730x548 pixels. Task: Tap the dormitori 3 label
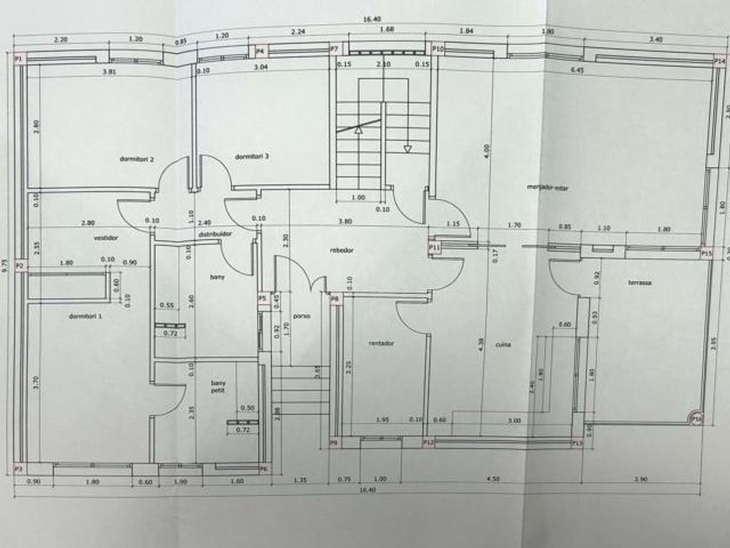(252, 156)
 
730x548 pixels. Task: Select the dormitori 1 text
(85, 316)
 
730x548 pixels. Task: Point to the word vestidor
(105, 237)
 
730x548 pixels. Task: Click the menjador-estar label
(547, 187)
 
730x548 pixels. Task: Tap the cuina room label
(503, 344)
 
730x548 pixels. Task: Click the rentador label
(382, 343)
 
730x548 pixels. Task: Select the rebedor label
(343, 250)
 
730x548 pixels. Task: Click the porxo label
(302, 316)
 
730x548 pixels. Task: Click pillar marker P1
(19, 58)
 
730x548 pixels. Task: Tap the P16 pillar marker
(696, 418)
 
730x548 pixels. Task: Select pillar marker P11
(435, 248)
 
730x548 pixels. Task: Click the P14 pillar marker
(719, 62)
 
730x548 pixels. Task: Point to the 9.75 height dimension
(6, 264)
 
